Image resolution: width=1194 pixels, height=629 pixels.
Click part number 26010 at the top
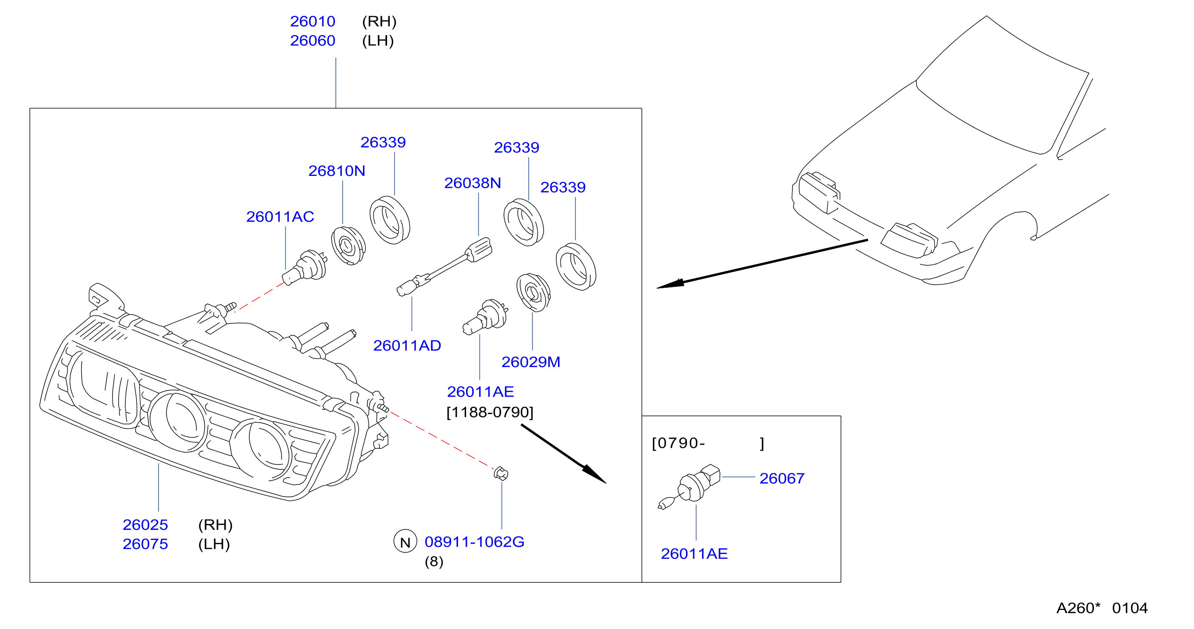(312, 21)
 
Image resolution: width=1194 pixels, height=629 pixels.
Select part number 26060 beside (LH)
(312, 41)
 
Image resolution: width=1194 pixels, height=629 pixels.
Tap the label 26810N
(337, 171)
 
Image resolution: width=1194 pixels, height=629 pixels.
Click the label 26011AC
(280, 217)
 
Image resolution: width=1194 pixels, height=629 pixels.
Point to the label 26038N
(472, 183)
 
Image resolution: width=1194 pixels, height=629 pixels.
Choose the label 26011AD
(407, 345)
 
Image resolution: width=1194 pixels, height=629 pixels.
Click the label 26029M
(531, 362)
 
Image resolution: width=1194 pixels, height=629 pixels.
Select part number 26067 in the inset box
(781, 479)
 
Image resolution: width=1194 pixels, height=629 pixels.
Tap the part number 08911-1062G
(474, 542)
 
